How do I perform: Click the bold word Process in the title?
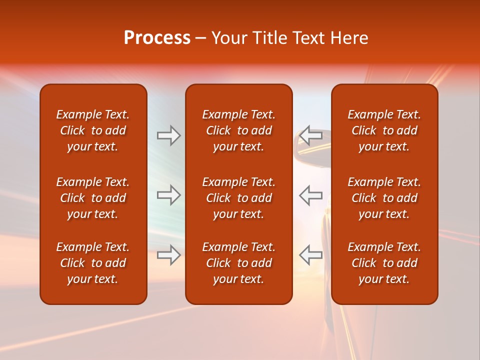pos(157,38)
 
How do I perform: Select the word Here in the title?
pos(349,38)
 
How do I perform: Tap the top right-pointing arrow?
pos(168,135)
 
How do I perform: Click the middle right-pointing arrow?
pos(168,195)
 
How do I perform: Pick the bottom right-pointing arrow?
pos(168,255)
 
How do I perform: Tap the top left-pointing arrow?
pos(311,135)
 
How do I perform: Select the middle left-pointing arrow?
pos(311,195)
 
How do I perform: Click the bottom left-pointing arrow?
pos(311,255)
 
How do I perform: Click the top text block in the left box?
pos(93,130)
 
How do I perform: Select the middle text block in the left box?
pos(93,198)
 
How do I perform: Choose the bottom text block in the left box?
pos(93,263)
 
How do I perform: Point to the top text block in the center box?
pos(238,130)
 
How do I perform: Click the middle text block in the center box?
pos(238,198)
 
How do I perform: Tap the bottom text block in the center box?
pos(238,263)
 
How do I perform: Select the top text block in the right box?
pos(384,130)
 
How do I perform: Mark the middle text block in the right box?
pos(384,198)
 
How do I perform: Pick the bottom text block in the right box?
pos(384,263)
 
